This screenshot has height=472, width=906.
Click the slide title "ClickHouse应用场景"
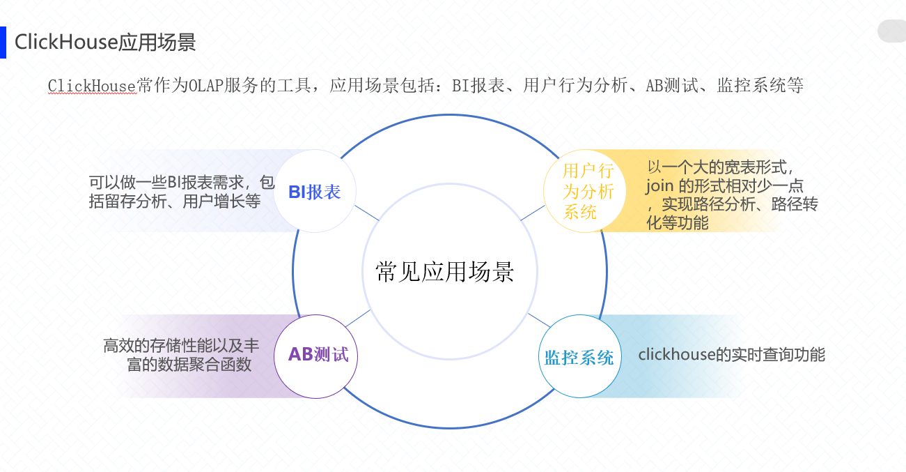105,43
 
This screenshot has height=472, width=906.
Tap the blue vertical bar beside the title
3,43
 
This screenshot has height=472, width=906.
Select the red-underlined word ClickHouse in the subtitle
91,86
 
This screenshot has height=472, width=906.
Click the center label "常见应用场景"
444,271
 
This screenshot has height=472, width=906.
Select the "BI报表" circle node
315,192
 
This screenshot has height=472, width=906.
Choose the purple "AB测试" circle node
318,355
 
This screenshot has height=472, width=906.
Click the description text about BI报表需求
181,192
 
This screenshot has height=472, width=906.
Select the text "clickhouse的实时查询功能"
731,355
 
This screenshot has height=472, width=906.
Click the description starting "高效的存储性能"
181,355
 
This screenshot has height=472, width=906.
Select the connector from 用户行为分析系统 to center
533,213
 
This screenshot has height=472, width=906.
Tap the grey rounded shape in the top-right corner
892,31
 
